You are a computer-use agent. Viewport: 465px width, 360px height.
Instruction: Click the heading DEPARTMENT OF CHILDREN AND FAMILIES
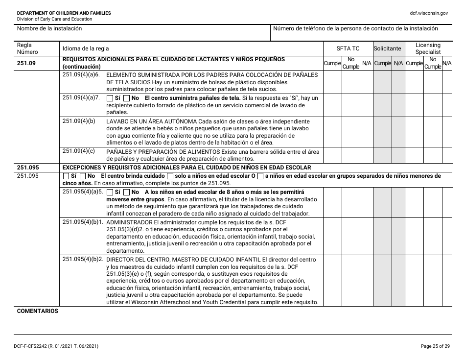point(64,13)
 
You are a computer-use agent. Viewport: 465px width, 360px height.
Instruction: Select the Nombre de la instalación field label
point(49,28)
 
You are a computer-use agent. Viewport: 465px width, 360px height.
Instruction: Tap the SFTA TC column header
point(348,48)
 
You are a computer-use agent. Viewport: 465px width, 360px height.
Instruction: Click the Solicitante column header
point(387,48)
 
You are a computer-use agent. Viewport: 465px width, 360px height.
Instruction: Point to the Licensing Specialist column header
point(428,48)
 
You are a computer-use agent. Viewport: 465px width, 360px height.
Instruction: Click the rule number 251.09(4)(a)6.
point(81,74)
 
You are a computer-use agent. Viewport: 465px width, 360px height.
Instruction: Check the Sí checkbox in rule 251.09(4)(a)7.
point(110,98)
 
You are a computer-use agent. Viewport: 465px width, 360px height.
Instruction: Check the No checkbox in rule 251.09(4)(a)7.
point(126,98)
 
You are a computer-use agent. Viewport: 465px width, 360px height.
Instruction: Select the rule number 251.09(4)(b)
point(79,121)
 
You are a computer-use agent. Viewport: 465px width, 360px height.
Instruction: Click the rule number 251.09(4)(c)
point(79,151)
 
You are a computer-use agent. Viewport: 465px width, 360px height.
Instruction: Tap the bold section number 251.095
point(27,167)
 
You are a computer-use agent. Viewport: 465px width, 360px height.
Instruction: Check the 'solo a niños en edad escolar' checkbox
point(170,176)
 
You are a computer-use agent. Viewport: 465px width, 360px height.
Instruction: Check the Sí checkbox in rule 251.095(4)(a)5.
point(110,192)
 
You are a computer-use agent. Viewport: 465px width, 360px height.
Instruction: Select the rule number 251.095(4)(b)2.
point(83,259)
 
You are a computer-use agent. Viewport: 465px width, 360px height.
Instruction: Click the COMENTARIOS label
point(38,311)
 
